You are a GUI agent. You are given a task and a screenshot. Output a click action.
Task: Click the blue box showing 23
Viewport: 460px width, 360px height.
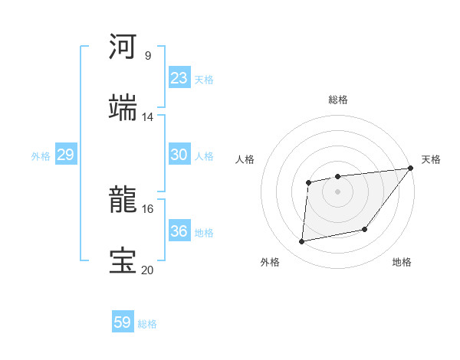pyautogui.click(x=179, y=78)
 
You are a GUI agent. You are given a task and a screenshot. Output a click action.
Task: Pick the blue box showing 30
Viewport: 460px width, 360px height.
pyautogui.click(x=179, y=155)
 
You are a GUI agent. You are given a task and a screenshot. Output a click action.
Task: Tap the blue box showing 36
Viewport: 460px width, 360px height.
pyautogui.click(x=179, y=231)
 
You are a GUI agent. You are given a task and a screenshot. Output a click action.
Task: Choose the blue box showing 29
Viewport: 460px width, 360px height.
pyautogui.click(x=65, y=155)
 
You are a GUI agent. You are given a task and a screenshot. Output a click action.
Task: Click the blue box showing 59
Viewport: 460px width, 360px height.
pyautogui.click(x=123, y=322)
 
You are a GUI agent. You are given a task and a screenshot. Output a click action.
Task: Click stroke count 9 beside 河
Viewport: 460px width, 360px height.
pyautogui.click(x=147, y=55)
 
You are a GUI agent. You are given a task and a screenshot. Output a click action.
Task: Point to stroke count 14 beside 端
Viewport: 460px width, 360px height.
pyautogui.click(x=147, y=116)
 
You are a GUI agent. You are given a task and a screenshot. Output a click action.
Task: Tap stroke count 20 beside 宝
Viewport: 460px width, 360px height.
pyautogui.click(x=147, y=270)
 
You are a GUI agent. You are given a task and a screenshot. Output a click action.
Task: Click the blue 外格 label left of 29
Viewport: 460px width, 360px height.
pyautogui.click(x=41, y=156)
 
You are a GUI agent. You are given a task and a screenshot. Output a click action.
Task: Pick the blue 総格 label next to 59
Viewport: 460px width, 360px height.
pyautogui.click(x=147, y=324)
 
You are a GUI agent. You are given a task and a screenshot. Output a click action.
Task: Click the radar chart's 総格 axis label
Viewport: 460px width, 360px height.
pyautogui.click(x=338, y=100)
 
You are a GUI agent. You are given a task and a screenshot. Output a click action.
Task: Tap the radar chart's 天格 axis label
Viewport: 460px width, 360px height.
pyautogui.click(x=431, y=159)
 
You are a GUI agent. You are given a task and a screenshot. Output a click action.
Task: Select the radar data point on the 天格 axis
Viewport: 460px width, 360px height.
pyautogui.click(x=411, y=169)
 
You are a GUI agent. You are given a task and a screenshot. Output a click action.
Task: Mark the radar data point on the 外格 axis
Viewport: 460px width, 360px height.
pyautogui.click(x=302, y=242)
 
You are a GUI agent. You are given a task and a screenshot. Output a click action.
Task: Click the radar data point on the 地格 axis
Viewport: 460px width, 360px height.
pyautogui.click(x=365, y=229)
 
